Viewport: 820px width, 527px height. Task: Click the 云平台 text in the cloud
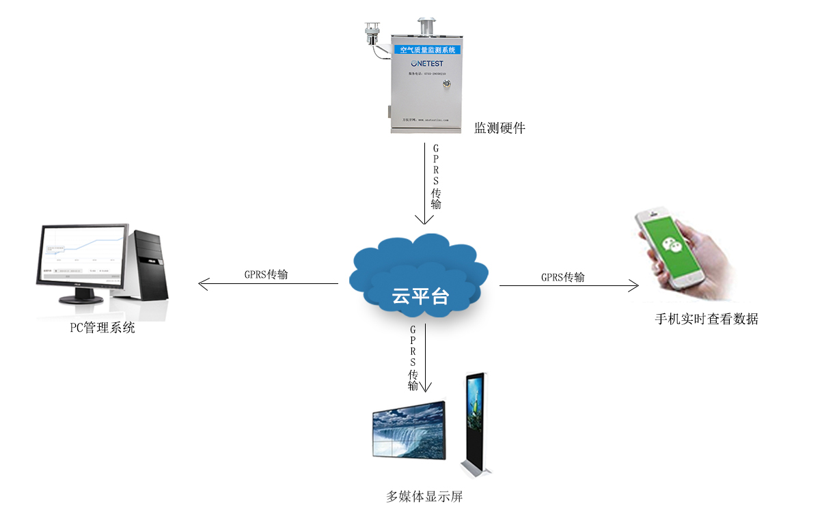point(420,296)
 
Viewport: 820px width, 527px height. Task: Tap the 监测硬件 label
point(500,128)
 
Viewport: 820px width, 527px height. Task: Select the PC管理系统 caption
point(102,328)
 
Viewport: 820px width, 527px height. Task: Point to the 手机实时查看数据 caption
point(707,319)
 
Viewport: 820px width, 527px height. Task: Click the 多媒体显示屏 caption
point(424,497)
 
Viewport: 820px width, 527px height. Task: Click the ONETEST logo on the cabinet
point(426,63)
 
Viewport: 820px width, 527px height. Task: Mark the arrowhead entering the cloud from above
point(424,220)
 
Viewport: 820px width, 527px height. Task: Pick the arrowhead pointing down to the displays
point(425,388)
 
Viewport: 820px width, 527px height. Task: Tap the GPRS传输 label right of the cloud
point(562,277)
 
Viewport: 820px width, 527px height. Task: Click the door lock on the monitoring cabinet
point(448,84)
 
